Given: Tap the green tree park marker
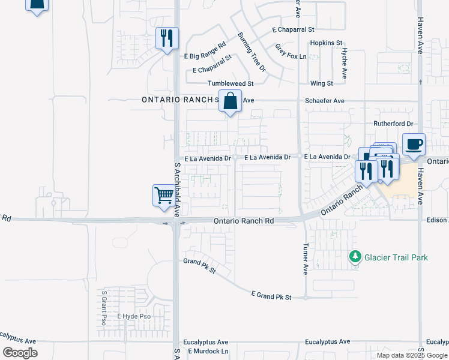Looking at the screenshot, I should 355,257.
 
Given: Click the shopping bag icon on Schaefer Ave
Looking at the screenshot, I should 230,101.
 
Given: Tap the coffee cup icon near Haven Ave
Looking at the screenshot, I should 414,145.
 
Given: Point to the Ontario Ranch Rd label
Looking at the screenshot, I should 244,221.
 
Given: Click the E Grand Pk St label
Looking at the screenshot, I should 271,296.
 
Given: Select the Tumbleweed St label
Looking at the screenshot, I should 231,83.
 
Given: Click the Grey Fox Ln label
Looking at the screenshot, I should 291,52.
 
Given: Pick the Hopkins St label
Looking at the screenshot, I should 326,43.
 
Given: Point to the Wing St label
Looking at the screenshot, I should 322,83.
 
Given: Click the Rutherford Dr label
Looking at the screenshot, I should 394,124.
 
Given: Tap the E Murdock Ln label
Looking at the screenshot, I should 208,351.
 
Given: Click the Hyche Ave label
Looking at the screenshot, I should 345,64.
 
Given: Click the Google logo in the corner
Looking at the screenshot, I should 20,353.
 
